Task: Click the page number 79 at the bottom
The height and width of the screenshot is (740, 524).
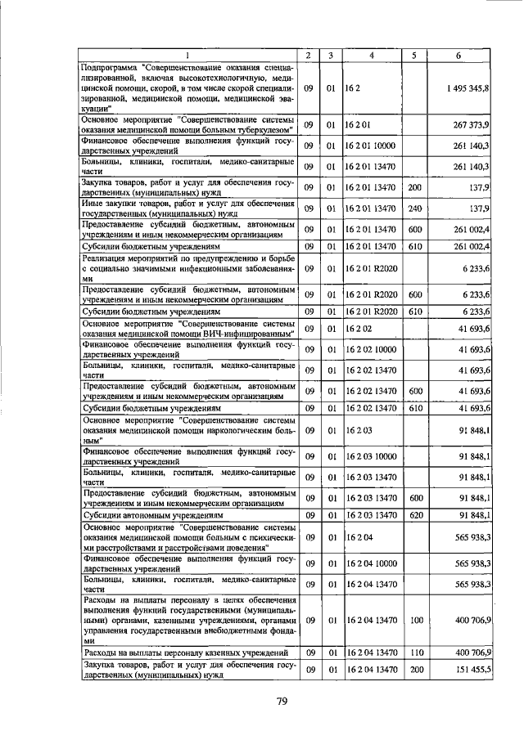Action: tap(281, 701)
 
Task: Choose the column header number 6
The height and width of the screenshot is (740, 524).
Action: tap(458, 55)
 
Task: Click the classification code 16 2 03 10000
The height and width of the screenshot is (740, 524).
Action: tap(371, 456)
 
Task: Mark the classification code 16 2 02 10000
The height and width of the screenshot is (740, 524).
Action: tap(371, 350)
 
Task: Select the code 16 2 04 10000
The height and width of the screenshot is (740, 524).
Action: tap(371, 563)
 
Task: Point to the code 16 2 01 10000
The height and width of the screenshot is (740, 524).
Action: tap(371, 146)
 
